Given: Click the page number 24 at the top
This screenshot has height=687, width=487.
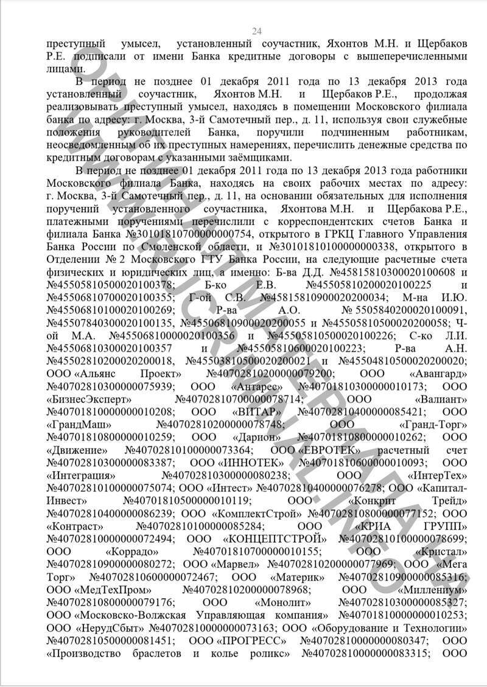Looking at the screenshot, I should (257, 32).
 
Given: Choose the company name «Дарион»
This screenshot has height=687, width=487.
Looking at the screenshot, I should (256, 437).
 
